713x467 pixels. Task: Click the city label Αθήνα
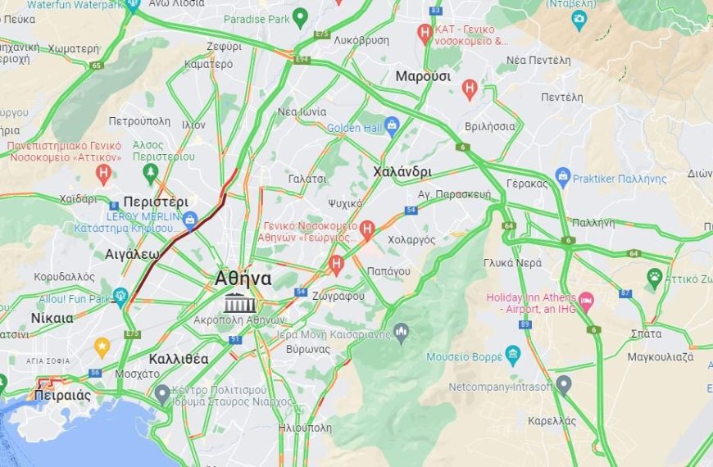click(x=243, y=278)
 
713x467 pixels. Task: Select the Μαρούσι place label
click(x=423, y=76)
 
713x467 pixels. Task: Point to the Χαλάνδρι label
click(x=402, y=171)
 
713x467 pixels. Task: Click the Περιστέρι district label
click(x=156, y=202)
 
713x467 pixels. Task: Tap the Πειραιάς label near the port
click(x=62, y=395)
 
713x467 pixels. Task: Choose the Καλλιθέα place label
click(x=179, y=359)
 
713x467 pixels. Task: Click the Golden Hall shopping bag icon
click(x=391, y=125)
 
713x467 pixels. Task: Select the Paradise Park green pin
click(x=301, y=16)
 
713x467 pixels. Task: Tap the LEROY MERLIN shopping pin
click(x=190, y=219)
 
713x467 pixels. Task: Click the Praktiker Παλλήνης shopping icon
click(x=563, y=175)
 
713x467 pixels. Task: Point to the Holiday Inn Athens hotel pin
click(x=586, y=301)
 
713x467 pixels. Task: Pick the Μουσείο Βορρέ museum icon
click(x=513, y=356)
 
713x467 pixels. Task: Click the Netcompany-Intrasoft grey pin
click(x=563, y=383)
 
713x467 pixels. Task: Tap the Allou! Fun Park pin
click(x=121, y=297)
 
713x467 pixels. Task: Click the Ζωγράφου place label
click(x=339, y=295)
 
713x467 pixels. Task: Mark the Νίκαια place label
click(x=52, y=318)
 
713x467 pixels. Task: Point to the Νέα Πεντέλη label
click(x=538, y=60)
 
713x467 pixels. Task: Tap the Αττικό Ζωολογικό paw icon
click(x=654, y=278)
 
